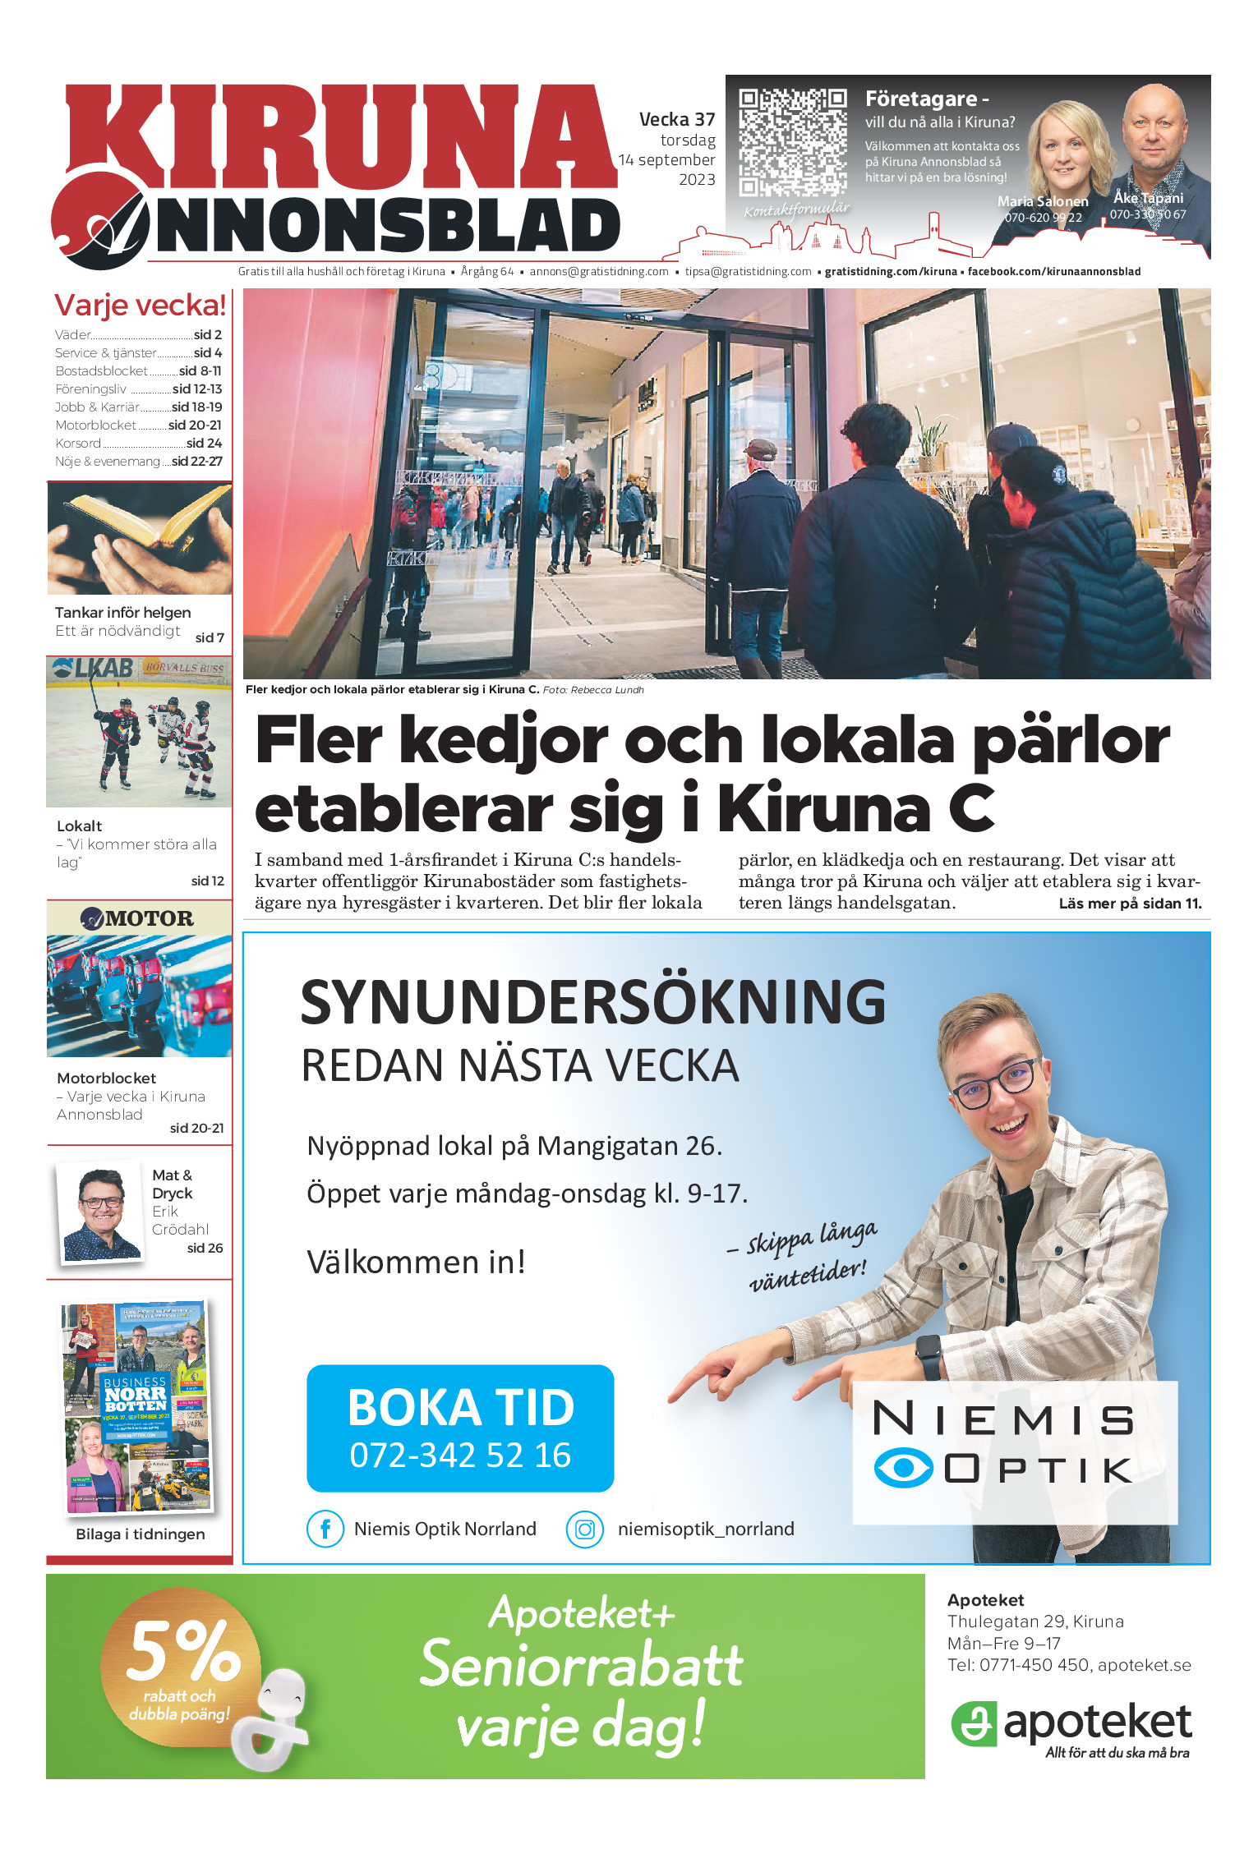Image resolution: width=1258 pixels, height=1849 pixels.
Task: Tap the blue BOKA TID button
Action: tap(460, 1428)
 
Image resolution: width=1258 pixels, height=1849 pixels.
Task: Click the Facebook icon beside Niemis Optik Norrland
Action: tap(325, 1529)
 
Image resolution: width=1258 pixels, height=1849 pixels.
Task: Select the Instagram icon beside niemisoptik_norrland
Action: tap(584, 1529)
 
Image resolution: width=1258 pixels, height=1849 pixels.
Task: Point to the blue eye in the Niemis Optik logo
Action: tap(902, 1468)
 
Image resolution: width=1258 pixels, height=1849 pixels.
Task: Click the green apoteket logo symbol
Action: tap(974, 1722)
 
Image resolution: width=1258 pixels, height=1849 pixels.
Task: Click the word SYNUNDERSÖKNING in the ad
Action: tap(592, 1002)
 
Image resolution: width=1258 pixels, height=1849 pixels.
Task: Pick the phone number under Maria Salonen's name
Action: tap(1043, 218)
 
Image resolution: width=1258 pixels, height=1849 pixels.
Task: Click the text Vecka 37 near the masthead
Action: tap(677, 120)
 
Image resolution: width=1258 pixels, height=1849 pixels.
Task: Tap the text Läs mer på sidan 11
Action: tap(1130, 904)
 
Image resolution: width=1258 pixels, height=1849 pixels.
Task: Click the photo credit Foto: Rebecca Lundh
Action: tap(593, 690)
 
